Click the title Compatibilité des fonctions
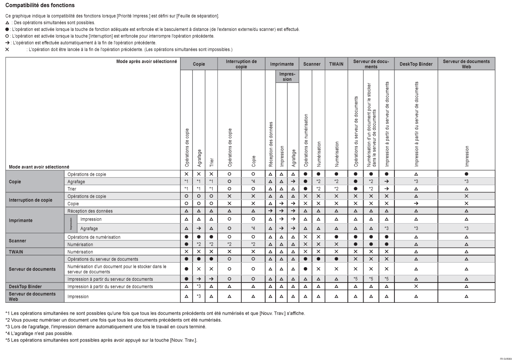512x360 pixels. click(40, 5)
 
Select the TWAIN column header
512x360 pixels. click(336, 64)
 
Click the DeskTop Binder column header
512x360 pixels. click(416, 64)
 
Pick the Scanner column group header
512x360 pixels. click(312, 64)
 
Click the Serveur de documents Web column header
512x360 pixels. click(466, 64)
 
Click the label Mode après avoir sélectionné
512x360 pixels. click(146, 61)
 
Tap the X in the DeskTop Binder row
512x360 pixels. click(416, 287)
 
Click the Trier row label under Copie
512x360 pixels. click(71, 188)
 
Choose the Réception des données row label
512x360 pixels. click(87, 212)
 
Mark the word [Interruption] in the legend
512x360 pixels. click(101, 36)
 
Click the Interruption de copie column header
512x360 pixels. click(241, 64)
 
